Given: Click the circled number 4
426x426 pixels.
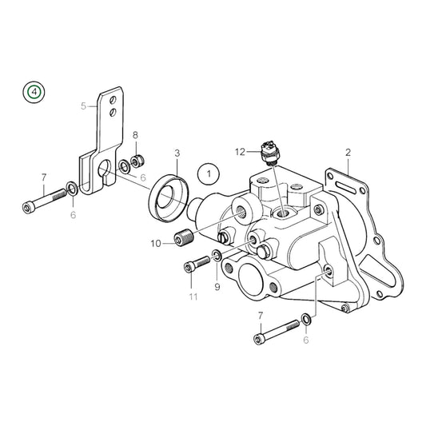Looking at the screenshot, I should point(34,92).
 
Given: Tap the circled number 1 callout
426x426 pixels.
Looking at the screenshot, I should point(207,172).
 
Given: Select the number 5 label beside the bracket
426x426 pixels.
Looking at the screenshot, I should point(82,106).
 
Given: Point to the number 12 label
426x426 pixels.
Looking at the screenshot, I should point(240,151).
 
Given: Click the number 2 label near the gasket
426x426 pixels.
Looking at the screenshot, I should point(348,152).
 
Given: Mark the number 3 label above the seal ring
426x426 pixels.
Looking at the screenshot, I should point(177,152).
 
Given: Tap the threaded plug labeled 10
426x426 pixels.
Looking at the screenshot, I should point(185,238).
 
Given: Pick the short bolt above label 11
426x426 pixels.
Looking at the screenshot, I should point(192,269).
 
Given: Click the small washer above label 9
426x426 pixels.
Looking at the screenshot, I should point(216,258).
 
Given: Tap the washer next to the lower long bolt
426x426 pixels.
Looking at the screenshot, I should point(305,320).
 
